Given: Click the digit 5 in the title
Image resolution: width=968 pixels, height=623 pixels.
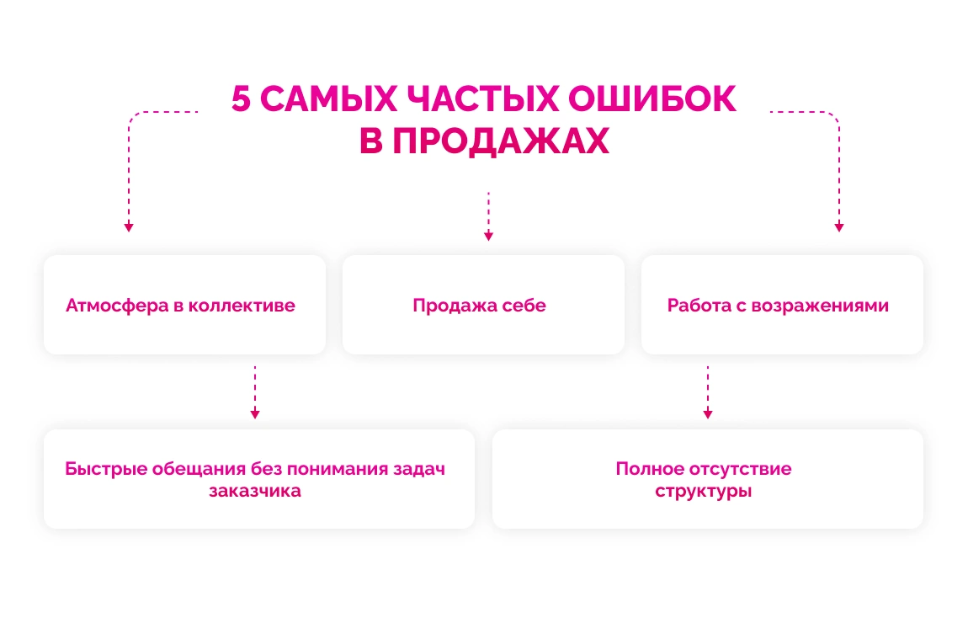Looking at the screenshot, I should [x=242, y=99].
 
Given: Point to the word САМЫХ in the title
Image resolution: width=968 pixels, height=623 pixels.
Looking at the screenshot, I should [x=328, y=99].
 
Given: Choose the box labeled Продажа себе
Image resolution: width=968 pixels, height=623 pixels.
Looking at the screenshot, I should [x=483, y=305].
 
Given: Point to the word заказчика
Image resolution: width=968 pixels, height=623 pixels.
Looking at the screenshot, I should [x=255, y=491].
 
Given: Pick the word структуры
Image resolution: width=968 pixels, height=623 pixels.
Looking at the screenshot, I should [x=704, y=491].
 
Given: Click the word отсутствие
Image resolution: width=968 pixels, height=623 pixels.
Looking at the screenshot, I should [x=742, y=469].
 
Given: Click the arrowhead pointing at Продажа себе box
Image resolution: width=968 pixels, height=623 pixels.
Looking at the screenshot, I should [x=488, y=237].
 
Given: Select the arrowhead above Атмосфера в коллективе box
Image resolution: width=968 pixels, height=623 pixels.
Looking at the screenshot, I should [x=129, y=227].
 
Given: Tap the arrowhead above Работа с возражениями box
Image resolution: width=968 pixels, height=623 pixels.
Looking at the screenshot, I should [x=838, y=227].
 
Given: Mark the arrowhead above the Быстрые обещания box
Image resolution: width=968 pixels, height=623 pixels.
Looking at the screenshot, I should [x=255, y=414].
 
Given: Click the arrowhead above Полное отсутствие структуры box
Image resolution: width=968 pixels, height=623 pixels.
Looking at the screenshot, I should [x=708, y=414].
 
